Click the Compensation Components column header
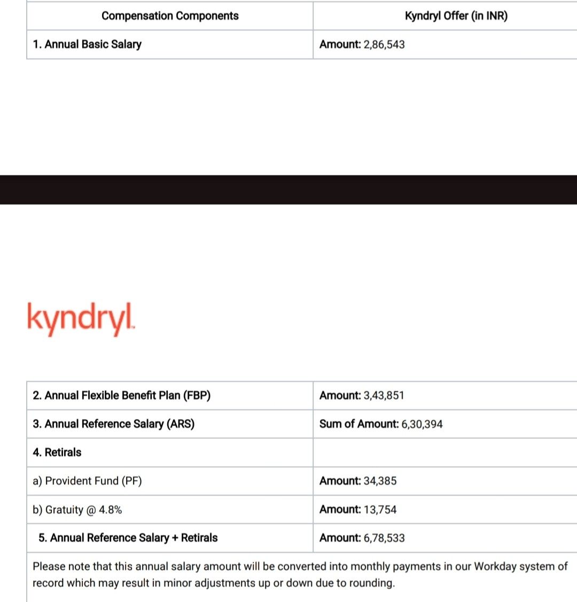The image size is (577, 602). click(x=170, y=16)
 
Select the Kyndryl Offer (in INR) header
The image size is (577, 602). click(x=456, y=16)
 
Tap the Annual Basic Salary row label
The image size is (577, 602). click(x=87, y=44)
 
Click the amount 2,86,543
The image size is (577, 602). click(x=384, y=44)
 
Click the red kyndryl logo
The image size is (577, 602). click(x=81, y=318)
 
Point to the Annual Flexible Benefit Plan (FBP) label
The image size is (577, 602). click(x=122, y=395)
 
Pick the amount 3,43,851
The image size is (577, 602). click(x=384, y=395)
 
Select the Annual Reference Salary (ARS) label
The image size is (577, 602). click(x=113, y=424)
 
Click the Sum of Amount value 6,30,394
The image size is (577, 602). click(x=422, y=424)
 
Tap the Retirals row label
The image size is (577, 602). click(x=57, y=452)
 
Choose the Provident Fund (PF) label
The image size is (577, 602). click(x=87, y=481)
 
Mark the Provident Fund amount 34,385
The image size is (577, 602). click(x=380, y=481)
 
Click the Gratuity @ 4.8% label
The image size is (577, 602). click(x=77, y=510)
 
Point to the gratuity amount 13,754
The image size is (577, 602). click(x=380, y=510)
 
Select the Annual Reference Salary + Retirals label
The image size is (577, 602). click(x=128, y=538)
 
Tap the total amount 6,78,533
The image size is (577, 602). click(x=384, y=538)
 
